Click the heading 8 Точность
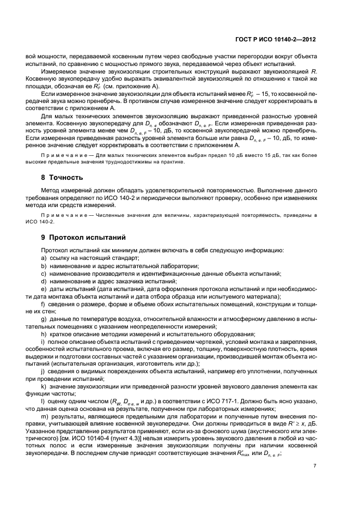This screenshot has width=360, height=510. tap(62, 178)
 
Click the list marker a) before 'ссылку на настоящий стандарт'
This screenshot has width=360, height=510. tap(43, 257)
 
